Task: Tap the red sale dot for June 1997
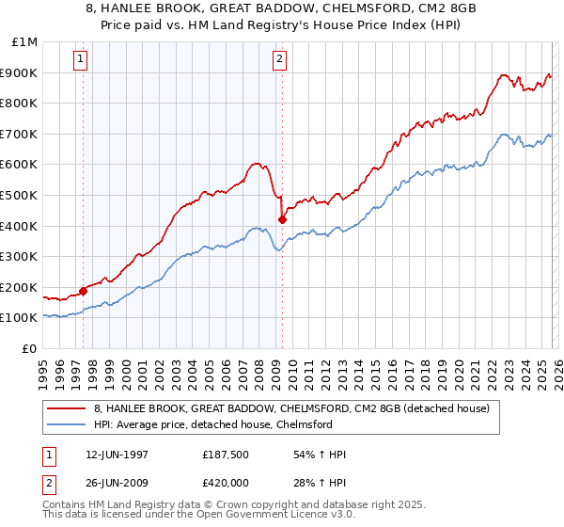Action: pos(83,291)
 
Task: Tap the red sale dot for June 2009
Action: pos(282,219)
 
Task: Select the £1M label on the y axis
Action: pos(24,42)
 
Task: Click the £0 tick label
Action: pos(29,348)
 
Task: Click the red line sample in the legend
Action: pos(67,409)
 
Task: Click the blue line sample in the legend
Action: pos(67,425)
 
